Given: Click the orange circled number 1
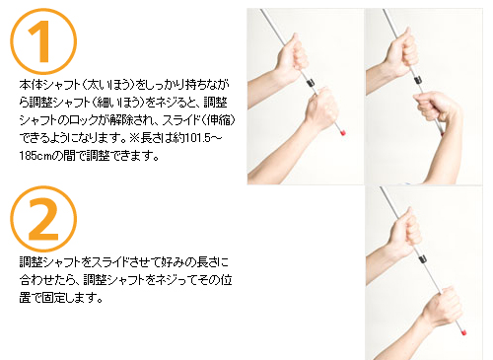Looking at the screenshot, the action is click(x=43, y=41).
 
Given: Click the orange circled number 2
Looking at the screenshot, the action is click(x=43, y=219).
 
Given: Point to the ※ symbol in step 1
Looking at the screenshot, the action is click(x=134, y=138).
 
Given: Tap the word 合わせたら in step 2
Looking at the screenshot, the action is click(x=47, y=280).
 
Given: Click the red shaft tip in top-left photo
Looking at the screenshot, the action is click(x=343, y=133).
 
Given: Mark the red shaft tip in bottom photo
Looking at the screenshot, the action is click(x=464, y=332).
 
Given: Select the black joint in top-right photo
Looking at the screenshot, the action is click(x=418, y=80).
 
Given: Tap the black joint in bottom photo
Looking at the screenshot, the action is click(x=423, y=258).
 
